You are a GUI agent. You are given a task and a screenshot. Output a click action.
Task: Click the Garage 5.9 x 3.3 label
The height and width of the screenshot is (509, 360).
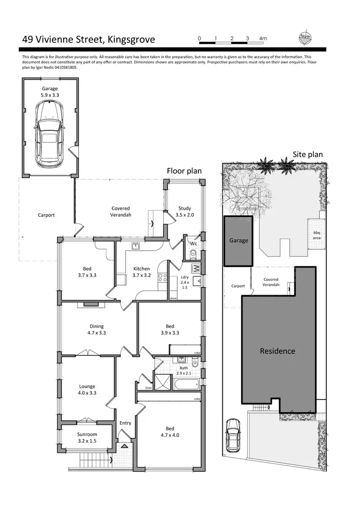point(49,92)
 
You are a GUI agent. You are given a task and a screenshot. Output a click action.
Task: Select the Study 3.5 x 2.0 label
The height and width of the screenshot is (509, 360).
point(185,212)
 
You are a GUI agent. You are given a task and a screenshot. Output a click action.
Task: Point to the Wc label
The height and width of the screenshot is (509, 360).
point(193,243)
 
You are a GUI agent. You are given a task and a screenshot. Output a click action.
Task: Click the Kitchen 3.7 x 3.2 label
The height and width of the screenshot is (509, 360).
point(142,272)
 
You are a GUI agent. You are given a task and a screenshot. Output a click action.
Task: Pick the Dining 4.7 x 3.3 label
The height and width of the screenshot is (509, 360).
point(96,329)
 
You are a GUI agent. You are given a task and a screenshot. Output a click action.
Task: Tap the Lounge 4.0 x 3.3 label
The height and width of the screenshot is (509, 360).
point(87,389)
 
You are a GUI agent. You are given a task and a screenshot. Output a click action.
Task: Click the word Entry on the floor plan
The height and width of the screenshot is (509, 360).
point(125,423)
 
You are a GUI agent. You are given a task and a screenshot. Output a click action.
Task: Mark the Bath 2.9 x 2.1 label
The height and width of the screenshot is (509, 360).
point(184,370)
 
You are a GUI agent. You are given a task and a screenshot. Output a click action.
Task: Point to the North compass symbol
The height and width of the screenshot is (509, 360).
point(304,38)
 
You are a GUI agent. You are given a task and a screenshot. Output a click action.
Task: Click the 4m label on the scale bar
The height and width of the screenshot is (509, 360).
point(263,38)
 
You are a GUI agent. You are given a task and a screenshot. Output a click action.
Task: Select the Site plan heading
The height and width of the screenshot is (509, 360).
point(308,155)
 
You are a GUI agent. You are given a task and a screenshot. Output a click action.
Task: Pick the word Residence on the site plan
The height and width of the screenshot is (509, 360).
point(277,351)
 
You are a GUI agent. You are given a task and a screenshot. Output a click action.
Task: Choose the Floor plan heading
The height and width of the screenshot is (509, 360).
point(184,171)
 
